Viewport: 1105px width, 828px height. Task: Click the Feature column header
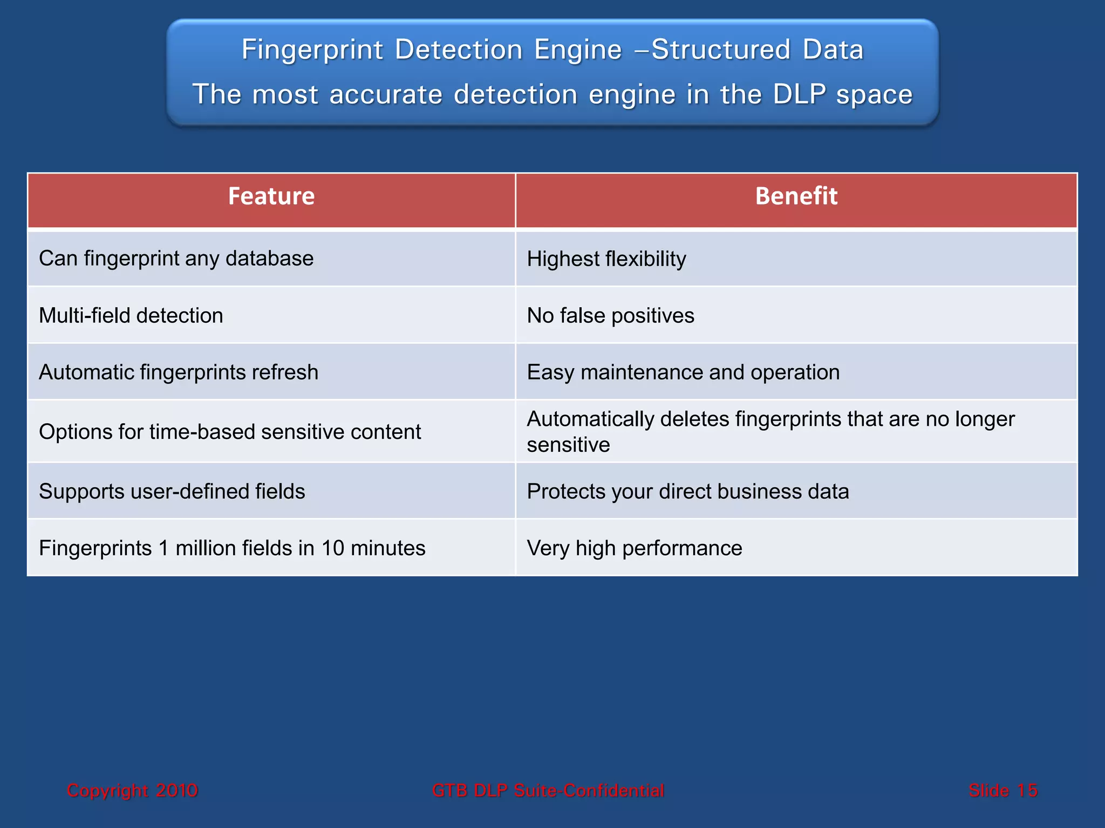[271, 196]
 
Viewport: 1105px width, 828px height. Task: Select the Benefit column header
[796, 196]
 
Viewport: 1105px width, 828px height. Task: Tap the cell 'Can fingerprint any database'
[176, 259]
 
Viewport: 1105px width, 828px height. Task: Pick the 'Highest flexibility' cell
[606, 259]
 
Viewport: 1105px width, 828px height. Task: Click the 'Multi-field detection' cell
[131, 315]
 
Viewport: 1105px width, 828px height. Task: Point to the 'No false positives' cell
[610, 315]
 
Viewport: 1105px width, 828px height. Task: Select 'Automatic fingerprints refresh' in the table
[179, 372]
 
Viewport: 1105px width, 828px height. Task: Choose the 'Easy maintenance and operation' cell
[683, 372]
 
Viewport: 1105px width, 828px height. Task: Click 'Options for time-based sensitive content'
[230, 432]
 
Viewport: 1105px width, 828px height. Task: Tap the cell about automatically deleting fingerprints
[770, 431]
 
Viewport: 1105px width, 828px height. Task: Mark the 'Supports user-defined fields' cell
[172, 492]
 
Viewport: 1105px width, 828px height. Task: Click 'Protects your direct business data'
[688, 492]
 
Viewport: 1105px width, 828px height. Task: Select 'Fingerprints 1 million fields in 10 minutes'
[232, 548]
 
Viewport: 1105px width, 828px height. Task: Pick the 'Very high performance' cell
[635, 548]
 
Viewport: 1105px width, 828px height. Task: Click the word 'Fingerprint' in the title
[312, 50]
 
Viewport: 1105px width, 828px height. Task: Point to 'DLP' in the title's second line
[799, 95]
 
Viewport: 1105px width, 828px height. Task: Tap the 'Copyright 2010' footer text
[132, 790]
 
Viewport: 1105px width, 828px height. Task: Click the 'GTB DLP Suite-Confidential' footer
[548, 790]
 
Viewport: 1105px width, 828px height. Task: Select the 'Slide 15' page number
[1002, 790]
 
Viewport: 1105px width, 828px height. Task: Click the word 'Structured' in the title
[721, 50]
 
